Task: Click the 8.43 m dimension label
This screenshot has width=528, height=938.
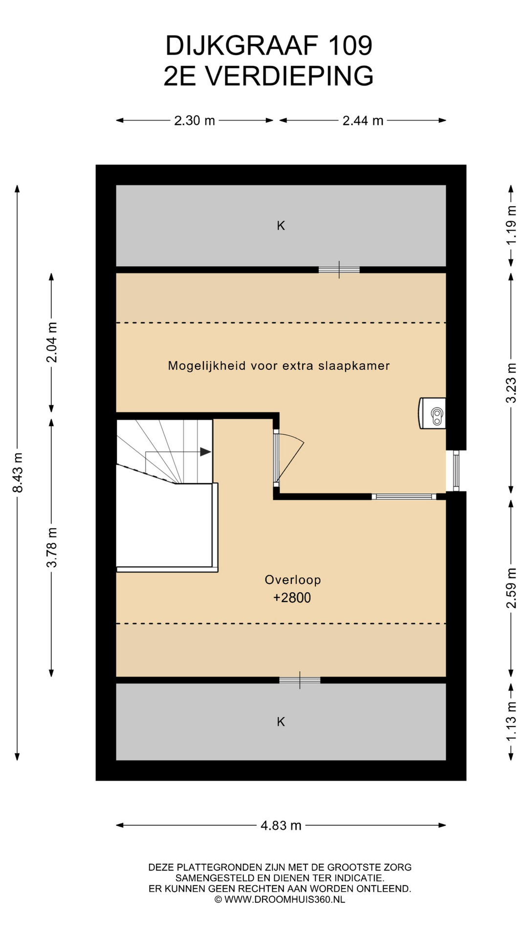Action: coord(18,472)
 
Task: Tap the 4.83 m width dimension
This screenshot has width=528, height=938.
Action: coord(281,826)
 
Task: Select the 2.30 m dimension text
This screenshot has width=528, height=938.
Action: coord(195,121)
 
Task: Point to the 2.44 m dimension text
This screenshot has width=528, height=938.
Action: coord(363,121)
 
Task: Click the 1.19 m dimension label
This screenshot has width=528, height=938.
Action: coord(511,225)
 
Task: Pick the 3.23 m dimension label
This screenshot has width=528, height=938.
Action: coord(511,383)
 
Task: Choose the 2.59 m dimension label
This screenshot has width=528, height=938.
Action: coord(511,588)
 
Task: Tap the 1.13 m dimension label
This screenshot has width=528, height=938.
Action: coord(511,721)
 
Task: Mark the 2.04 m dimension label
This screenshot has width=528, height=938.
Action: coord(52,342)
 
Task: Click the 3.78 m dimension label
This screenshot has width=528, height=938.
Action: coord(52,548)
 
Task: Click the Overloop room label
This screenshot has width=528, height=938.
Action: coord(293,580)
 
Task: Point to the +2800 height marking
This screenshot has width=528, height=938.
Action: coord(292,598)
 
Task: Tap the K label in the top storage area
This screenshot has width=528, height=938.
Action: coord(281,226)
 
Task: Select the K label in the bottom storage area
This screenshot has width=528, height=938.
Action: coord(281,722)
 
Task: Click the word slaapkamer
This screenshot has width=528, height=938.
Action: coord(354,366)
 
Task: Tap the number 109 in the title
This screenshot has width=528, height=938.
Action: coord(350,45)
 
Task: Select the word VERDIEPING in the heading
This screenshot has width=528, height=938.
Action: coord(289,76)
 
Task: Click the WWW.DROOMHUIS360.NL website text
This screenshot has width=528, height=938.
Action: coord(285,899)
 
